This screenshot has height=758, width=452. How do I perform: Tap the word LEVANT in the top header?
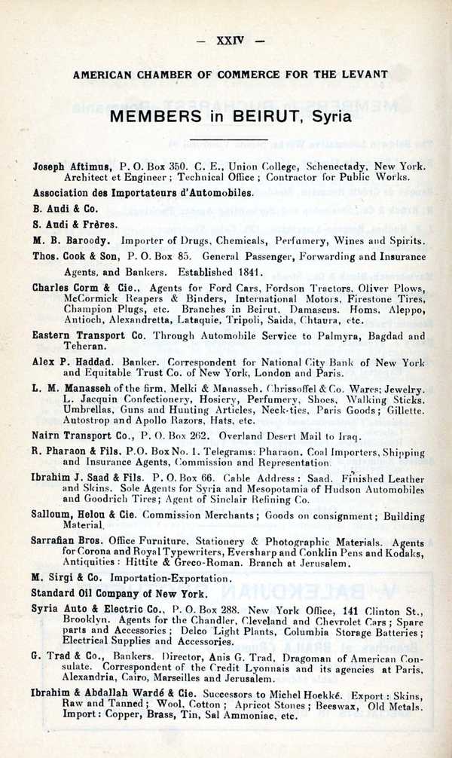pos(364,74)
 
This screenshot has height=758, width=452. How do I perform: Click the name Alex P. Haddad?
pos(72,362)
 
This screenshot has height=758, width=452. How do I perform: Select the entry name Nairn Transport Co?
pos(81,435)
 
